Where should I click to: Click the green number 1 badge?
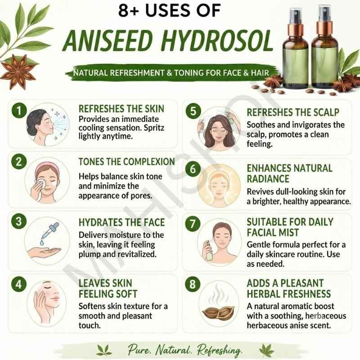pos(19,110)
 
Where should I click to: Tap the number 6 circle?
pos(193,169)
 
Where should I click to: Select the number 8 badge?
pos(193,284)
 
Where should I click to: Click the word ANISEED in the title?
pos(108,41)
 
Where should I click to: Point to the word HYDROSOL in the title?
pos(217,41)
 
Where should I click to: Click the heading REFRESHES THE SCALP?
pos(293,112)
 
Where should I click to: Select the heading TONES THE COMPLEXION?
pos(127,162)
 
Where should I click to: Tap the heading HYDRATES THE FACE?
pos(121,222)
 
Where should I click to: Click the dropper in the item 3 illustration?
pos(49,231)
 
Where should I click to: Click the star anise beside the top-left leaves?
pos(18,71)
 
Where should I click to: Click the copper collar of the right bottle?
pos(324,28)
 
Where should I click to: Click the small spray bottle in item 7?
pos(209,250)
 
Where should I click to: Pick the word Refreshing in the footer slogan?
pos(220,350)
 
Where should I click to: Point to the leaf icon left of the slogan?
pos(104,350)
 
